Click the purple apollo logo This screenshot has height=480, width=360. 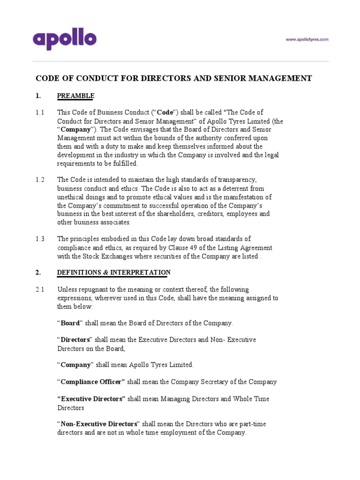point(64,39)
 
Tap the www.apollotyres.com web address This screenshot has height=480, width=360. point(307,40)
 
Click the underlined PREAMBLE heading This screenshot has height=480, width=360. point(75,96)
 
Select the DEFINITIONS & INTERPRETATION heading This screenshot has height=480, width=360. point(113,272)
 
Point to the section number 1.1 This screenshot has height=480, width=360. point(40,112)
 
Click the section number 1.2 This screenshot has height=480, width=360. point(40,180)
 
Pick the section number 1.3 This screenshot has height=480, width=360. point(40,239)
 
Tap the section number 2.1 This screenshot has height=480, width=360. point(40,289)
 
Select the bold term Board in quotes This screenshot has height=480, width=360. point(70,323)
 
